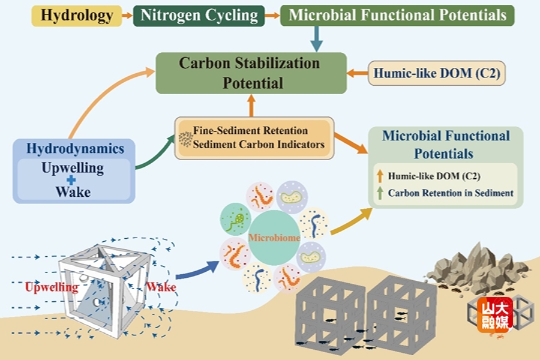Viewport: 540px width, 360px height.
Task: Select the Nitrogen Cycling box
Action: click(x=199, y=14)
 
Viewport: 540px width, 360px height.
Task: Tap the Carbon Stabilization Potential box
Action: click(x=251, y=73)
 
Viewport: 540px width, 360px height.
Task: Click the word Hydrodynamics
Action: click(x=75, y=149)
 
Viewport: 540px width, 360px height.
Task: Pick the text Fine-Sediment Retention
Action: click(x=250, y=130)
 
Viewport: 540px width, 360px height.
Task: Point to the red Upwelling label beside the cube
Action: click(x=52, y=287)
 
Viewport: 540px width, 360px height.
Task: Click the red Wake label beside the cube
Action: click(x=161, y=287)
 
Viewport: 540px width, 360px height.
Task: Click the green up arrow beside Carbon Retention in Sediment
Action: click(x=379, y=193)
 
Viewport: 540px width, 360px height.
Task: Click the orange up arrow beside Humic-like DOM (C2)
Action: click(x=379, y=176)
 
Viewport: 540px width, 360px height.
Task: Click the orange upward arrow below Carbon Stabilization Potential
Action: click(x=251, y=106)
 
